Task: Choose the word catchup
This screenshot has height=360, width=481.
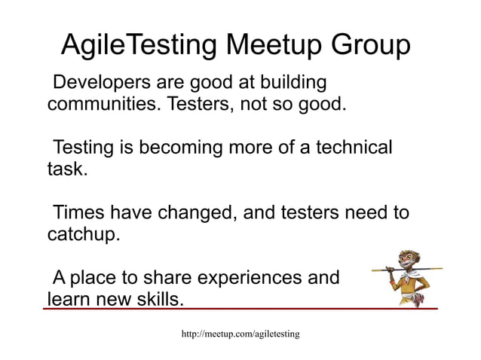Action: click(84, 235)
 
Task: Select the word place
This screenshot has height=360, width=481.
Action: click(99, 278)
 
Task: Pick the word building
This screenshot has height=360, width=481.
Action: click(287, 81)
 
